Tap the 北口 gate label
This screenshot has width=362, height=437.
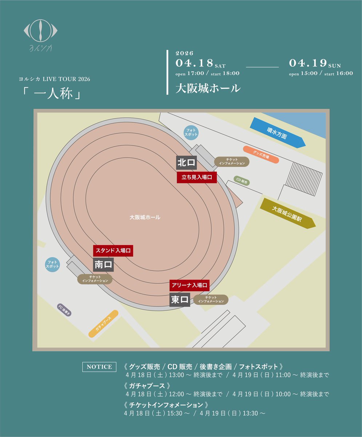[187, 163]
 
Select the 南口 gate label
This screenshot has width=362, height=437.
[104, 265]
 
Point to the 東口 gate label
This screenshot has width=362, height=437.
[180, 300]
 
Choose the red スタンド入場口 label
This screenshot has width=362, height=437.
[114, 251]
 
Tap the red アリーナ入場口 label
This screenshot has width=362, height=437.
[189, 286]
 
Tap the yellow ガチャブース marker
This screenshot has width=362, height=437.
[104, 324]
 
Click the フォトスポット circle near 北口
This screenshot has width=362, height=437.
[191, 132]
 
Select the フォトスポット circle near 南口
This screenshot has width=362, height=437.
[52, 264]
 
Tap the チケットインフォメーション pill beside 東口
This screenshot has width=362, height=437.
[211, 300]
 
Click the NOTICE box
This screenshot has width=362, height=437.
[99, 367]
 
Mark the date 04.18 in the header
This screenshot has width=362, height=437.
[194, 63]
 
